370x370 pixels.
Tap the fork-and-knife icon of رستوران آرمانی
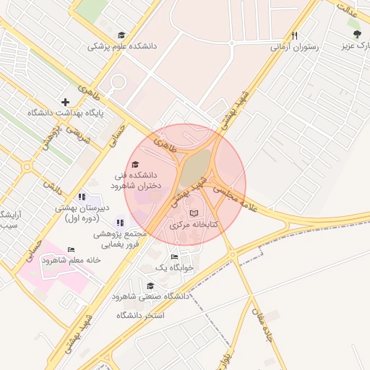(x=295, y=35)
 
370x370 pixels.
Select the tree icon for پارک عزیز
(x=356, y=34)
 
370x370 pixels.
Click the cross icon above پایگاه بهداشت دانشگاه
(x=66, y=102)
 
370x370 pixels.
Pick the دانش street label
(x=52, y=186)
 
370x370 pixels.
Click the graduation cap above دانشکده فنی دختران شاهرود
(x=136, y=164)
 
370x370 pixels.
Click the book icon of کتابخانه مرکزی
(x=193, y=214)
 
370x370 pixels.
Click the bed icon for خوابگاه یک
(x=173, y=257)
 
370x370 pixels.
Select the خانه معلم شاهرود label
(x=71, y=260)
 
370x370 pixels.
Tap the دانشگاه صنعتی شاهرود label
(x=150, y=296)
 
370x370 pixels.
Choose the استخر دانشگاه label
(x=140, y=316)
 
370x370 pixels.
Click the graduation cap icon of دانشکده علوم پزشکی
(x=121, y=35)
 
